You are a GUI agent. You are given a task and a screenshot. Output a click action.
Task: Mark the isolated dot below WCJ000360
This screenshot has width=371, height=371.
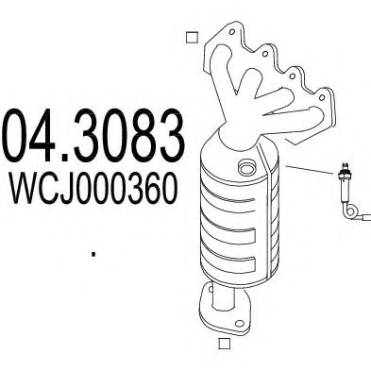coord(93,252)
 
